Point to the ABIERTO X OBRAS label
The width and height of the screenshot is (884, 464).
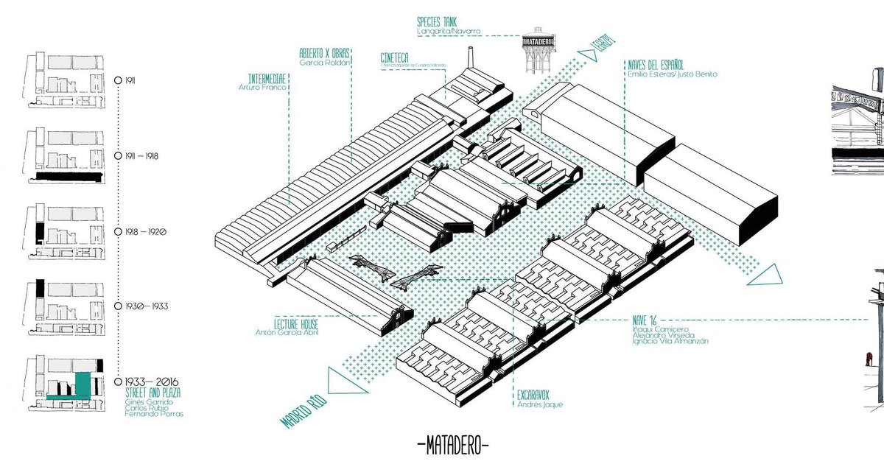point(323,54)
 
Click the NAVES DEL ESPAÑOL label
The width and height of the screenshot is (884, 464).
point(656,63)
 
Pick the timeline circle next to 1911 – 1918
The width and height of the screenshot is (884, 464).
point(119,156)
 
